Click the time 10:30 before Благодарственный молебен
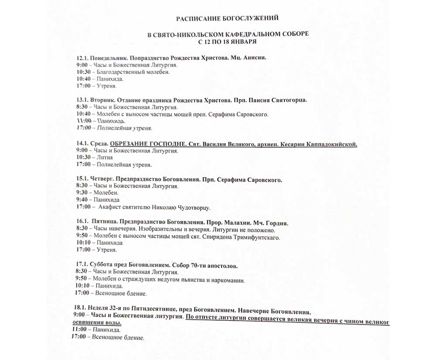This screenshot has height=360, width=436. [x=83, y=72]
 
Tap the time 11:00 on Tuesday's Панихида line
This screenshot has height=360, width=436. [x=83, y=121]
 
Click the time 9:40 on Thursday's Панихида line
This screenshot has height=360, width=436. [x=82, y=200]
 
